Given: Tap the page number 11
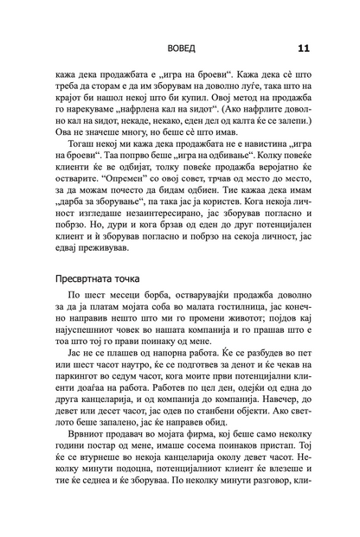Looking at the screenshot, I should pyautogui.click(x=305, y=48).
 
